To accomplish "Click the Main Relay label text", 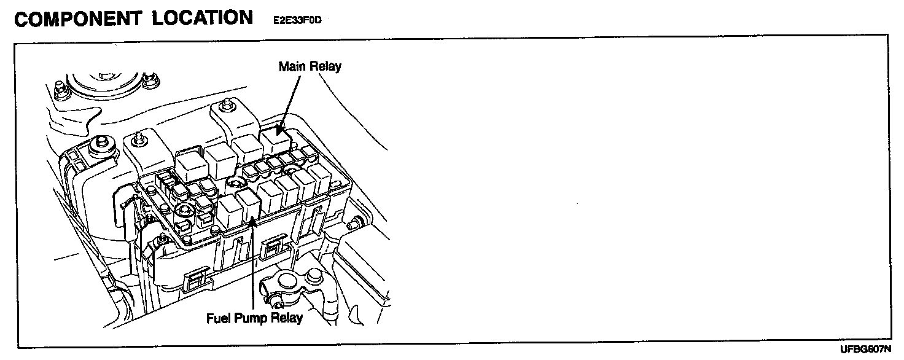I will pyautogui.click(x=310, y=66).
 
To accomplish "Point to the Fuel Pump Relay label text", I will pyautogui.click(x=254, y=319).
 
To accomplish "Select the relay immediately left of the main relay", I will pyautogui.click(x=247, y=149).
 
